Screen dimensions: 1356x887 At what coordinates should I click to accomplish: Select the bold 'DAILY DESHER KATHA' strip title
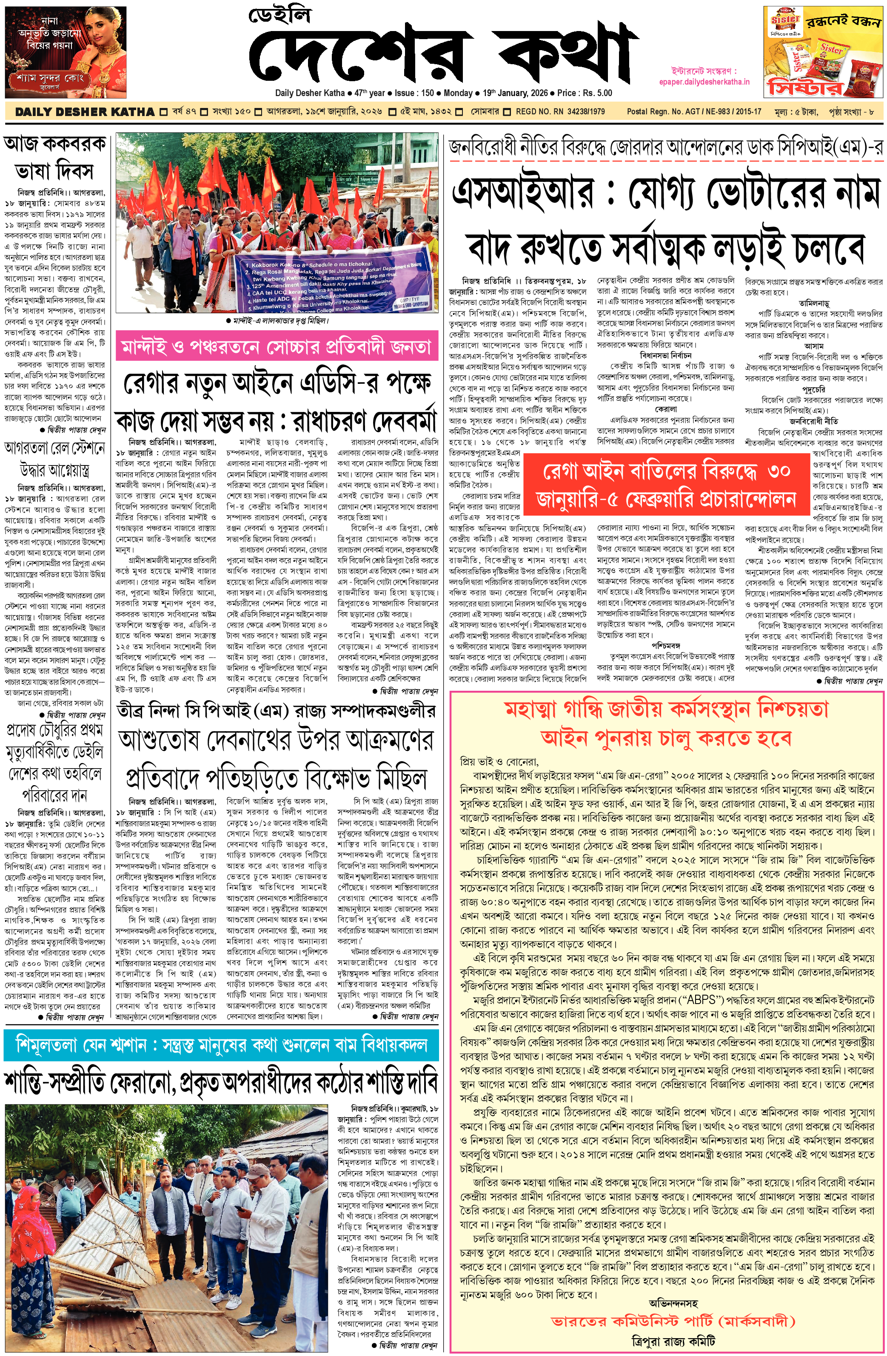(x=84, y=112)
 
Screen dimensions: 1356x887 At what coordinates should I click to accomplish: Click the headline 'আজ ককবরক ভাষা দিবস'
(x=55, y=157)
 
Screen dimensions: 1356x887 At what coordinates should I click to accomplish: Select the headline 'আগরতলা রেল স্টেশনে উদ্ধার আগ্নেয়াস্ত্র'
(x=55, y=459)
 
